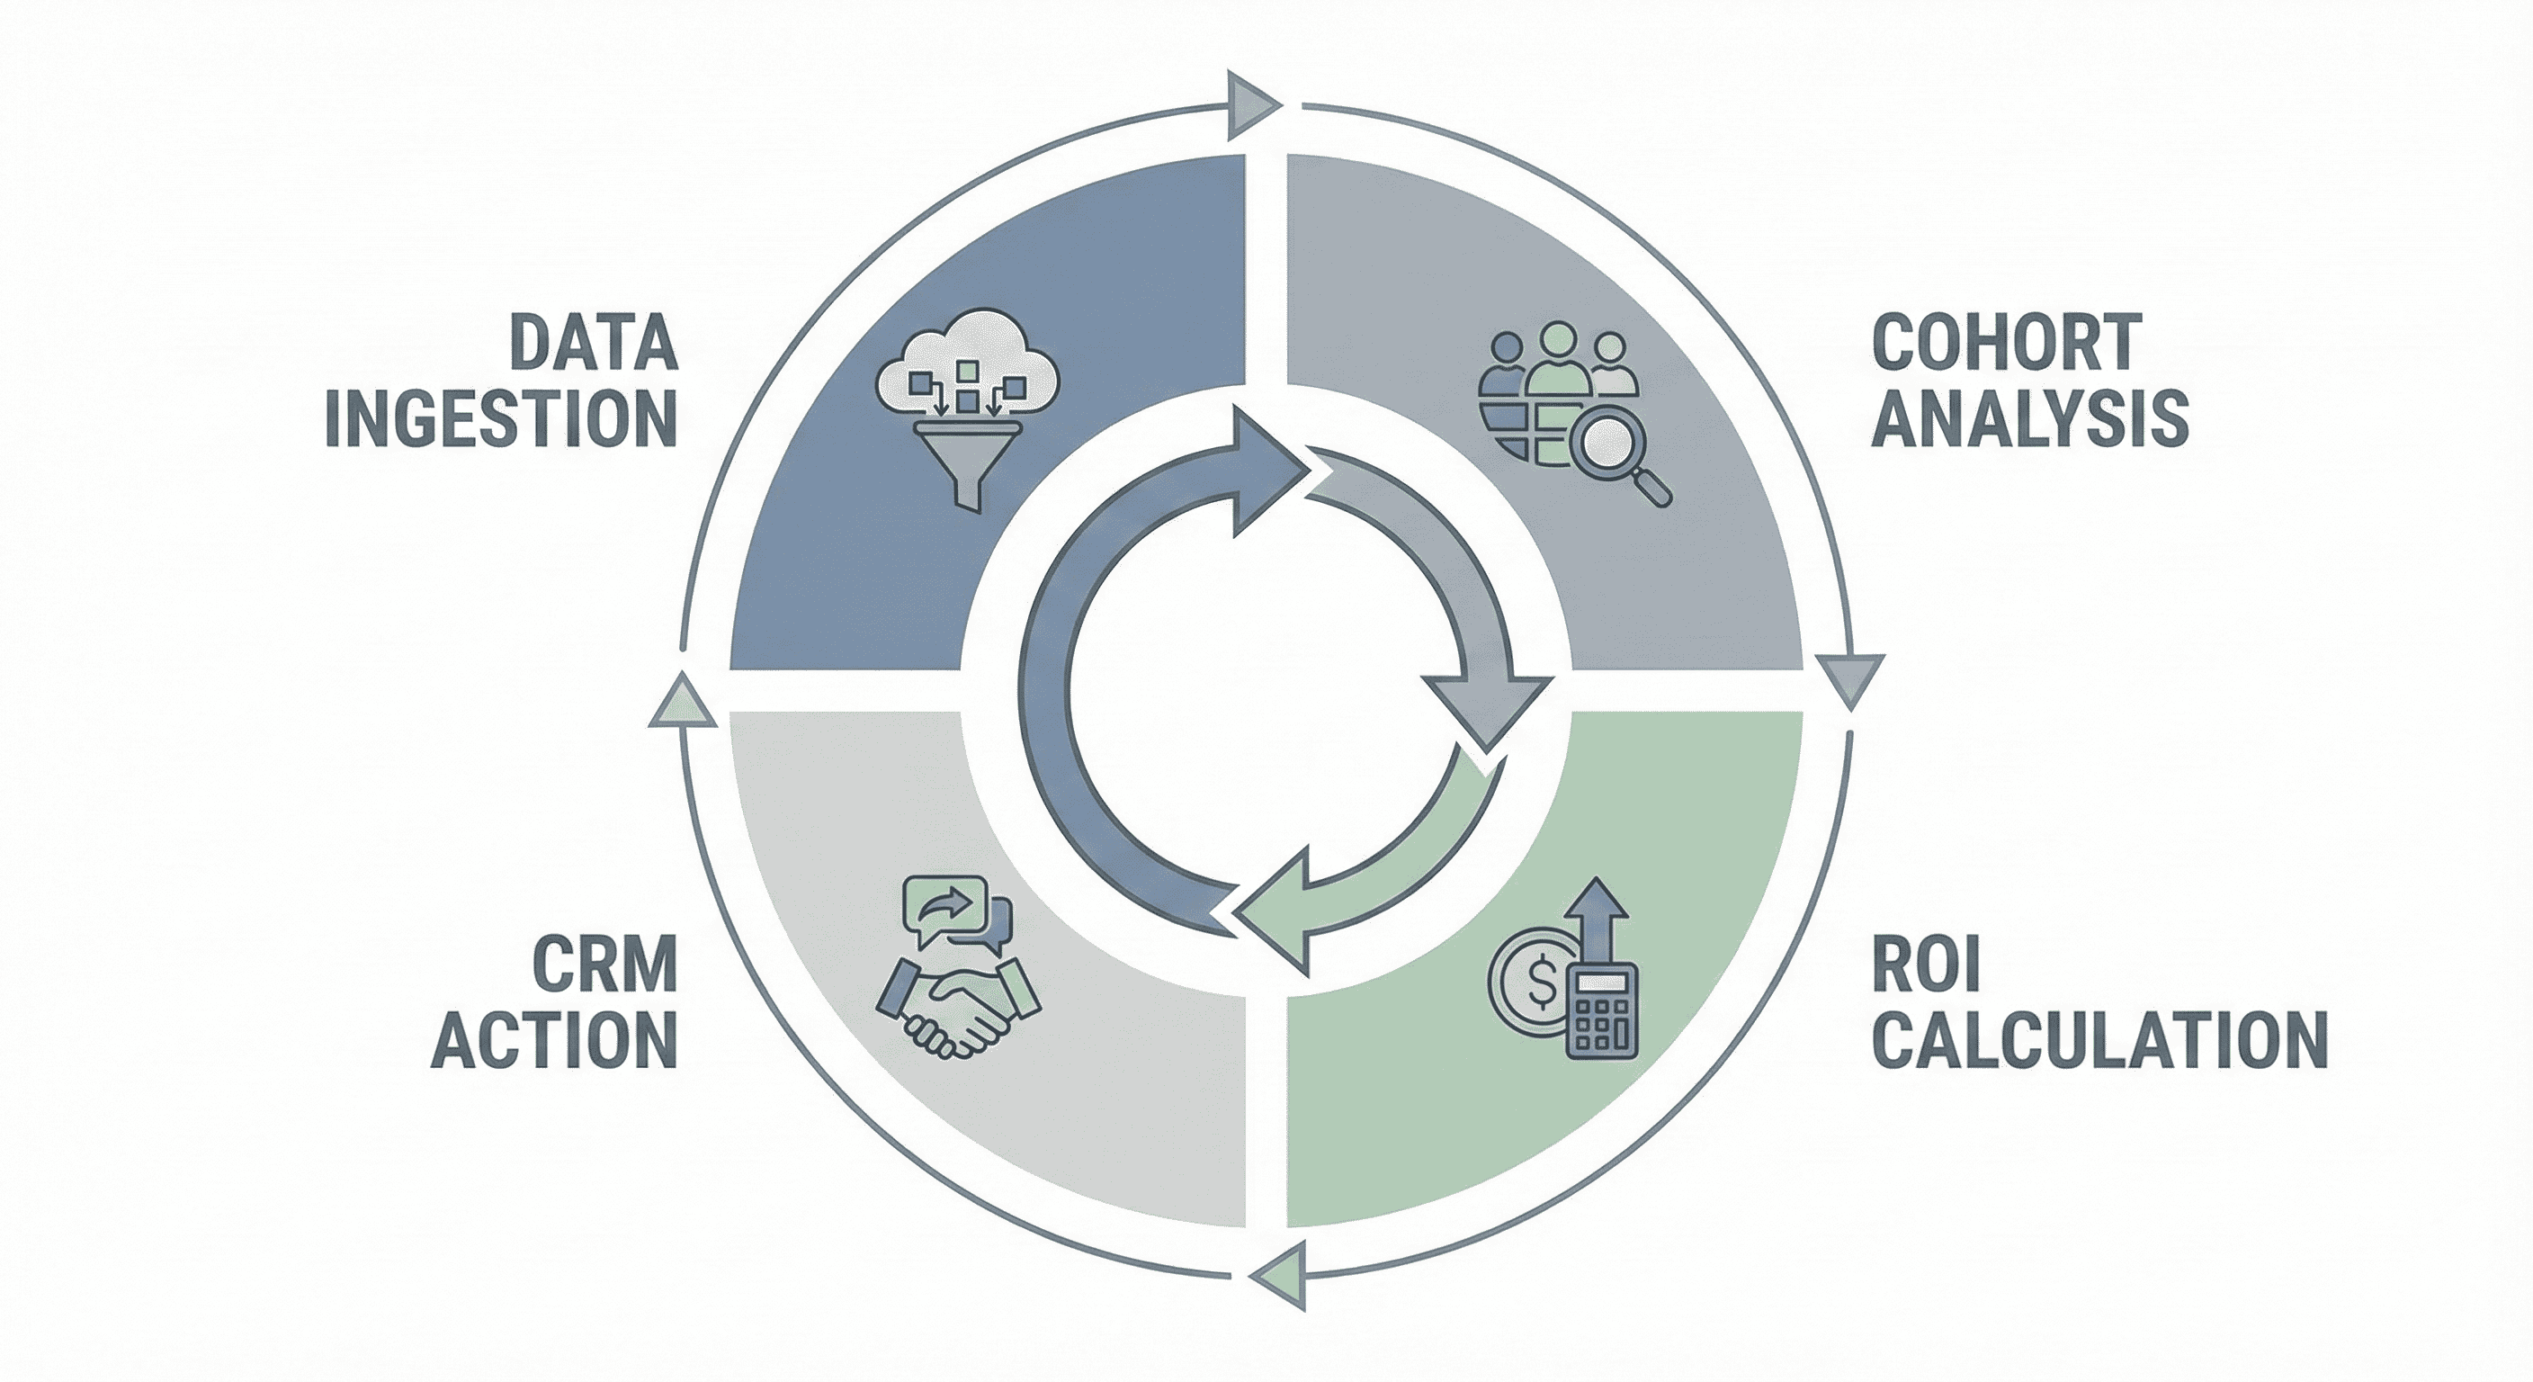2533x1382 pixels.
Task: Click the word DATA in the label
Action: pyautogui.click(x=593, y=341)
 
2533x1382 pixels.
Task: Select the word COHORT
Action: pyautogui.click(x=2007, y=341)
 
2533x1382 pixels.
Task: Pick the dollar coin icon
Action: pyautogui.click(x=1528, y=1004)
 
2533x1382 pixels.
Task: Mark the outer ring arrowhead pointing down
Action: pyautogui.click(x=1849, y=679)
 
